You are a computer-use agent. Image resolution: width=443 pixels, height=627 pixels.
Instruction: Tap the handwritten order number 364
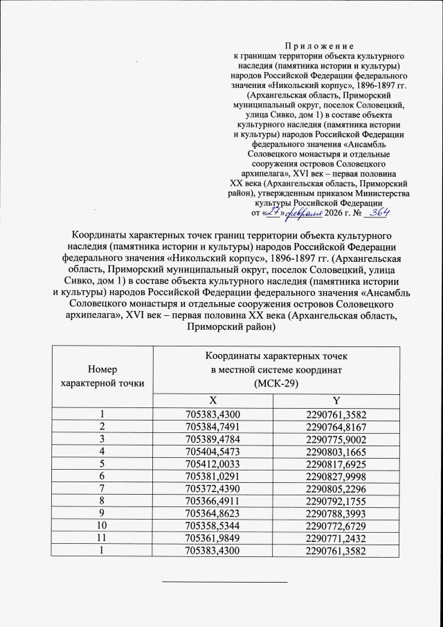point(377,213)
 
